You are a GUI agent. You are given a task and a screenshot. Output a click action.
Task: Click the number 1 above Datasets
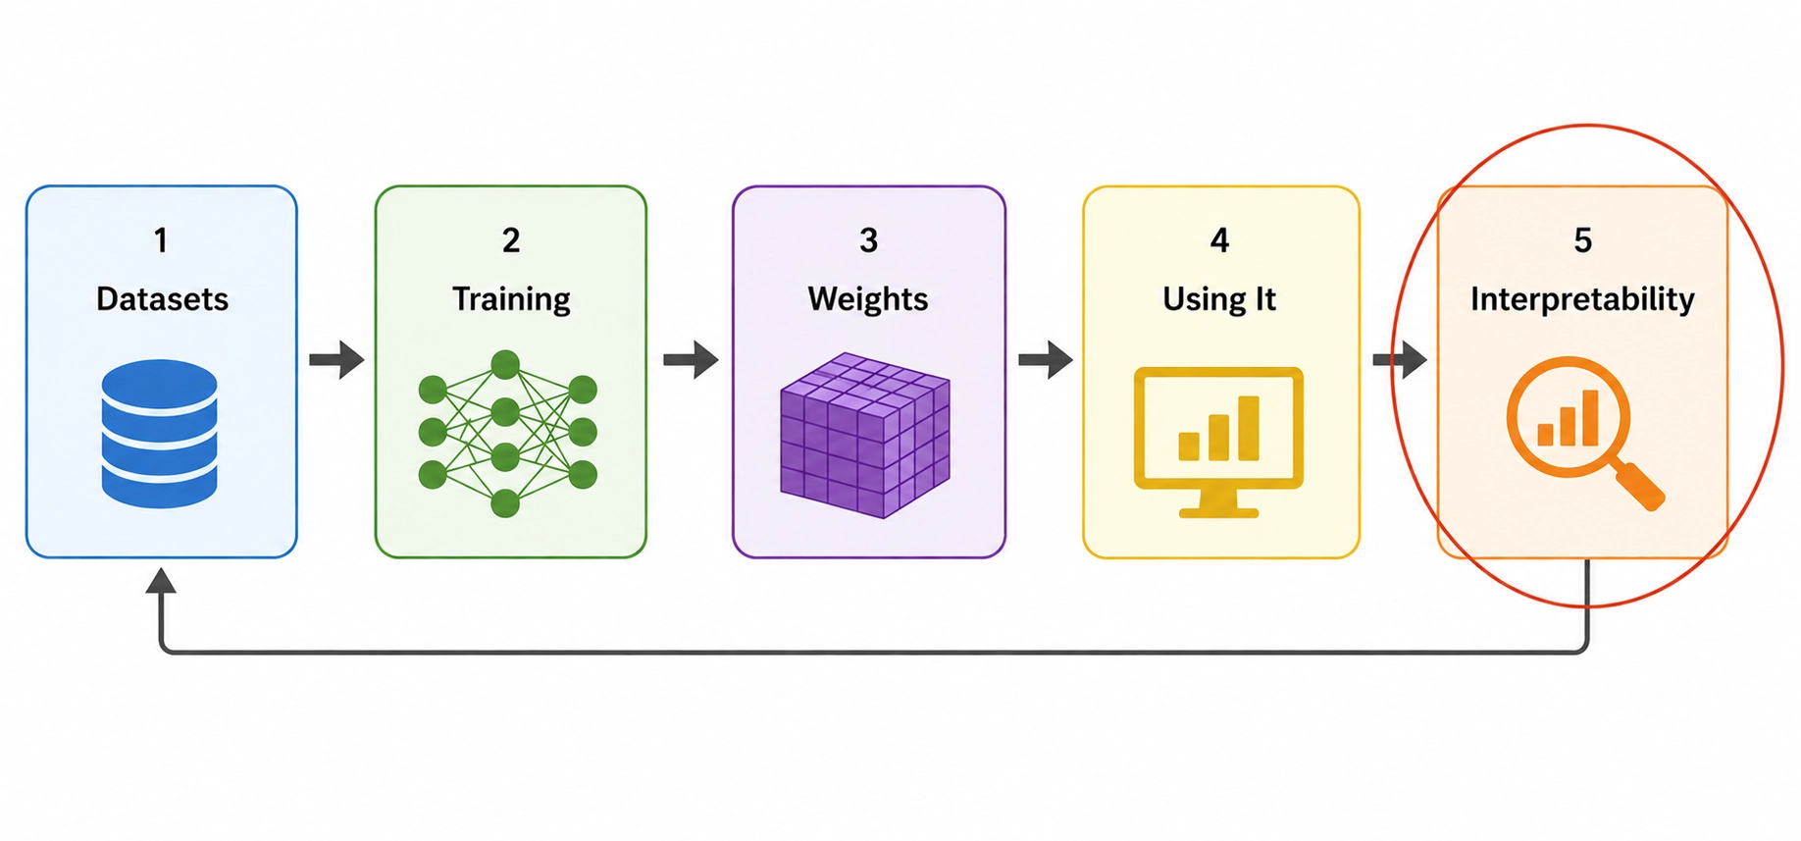[161, 240]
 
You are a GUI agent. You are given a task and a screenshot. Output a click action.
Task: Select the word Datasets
[162, 299]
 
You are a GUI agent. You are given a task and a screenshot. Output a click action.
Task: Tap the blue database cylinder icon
[159, 434]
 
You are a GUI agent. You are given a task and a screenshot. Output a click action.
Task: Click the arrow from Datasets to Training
[336, 359]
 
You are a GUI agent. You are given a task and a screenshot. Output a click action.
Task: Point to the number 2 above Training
[511, 240]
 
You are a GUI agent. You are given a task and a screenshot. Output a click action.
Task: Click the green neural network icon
[507, 433]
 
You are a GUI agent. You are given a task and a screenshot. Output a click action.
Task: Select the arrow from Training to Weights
[691, 359]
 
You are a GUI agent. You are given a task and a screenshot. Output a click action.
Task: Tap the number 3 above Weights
[868, 240]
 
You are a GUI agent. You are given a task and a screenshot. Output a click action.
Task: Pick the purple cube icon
[865, 435]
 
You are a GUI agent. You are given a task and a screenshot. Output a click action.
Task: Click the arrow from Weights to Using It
[1046, 359]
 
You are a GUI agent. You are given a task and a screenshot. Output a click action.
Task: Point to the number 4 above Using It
[1219, 240]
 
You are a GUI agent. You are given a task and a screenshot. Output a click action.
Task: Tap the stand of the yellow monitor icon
[1218, 502]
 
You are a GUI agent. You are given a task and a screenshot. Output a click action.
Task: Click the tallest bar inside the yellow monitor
[1249, 428]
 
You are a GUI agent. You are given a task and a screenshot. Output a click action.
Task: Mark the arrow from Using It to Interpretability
[1400, 359]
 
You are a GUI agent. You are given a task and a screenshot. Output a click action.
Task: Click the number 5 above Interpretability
[1583, 240]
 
